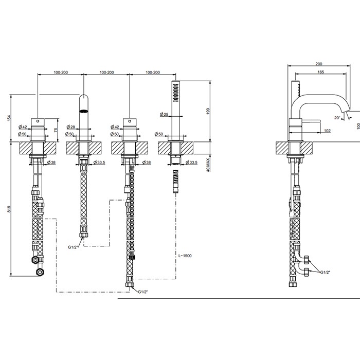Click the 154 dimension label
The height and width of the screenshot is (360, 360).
click(x=8, y=118)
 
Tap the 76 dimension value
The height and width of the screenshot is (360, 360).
click(x=56, y=130)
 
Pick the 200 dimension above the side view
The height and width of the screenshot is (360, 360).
click(x=319, y=64)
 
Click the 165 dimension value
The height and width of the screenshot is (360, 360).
click(x=320, y=73)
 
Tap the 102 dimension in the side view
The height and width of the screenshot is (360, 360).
click(x=327, y=131)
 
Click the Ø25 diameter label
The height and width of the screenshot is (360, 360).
click(x=165, y=114)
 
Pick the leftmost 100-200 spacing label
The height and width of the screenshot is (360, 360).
click(x=61, y=73)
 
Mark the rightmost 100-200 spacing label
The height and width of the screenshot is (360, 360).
click(x=153, y=73)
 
